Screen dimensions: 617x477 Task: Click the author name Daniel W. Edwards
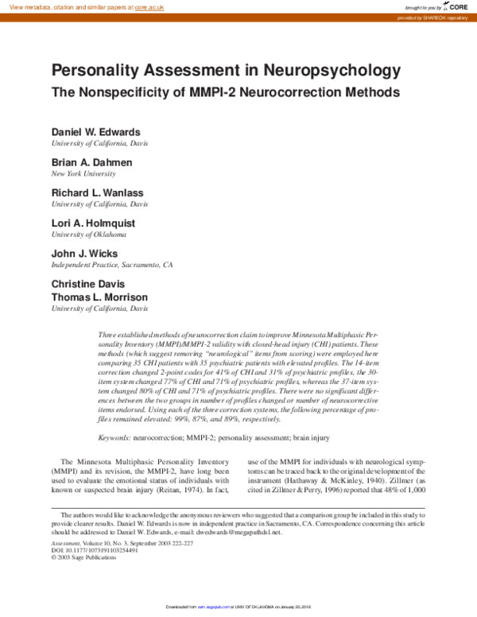coord(96,131)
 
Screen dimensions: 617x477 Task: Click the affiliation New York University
coord(84,173)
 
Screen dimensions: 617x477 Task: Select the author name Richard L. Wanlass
coord(99,192)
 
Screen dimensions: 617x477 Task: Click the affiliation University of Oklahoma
coord(89,235)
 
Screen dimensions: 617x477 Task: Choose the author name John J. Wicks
coord(84,254)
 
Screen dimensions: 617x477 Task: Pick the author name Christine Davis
coord(88,284)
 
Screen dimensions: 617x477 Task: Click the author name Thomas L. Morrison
coord(99,297)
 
